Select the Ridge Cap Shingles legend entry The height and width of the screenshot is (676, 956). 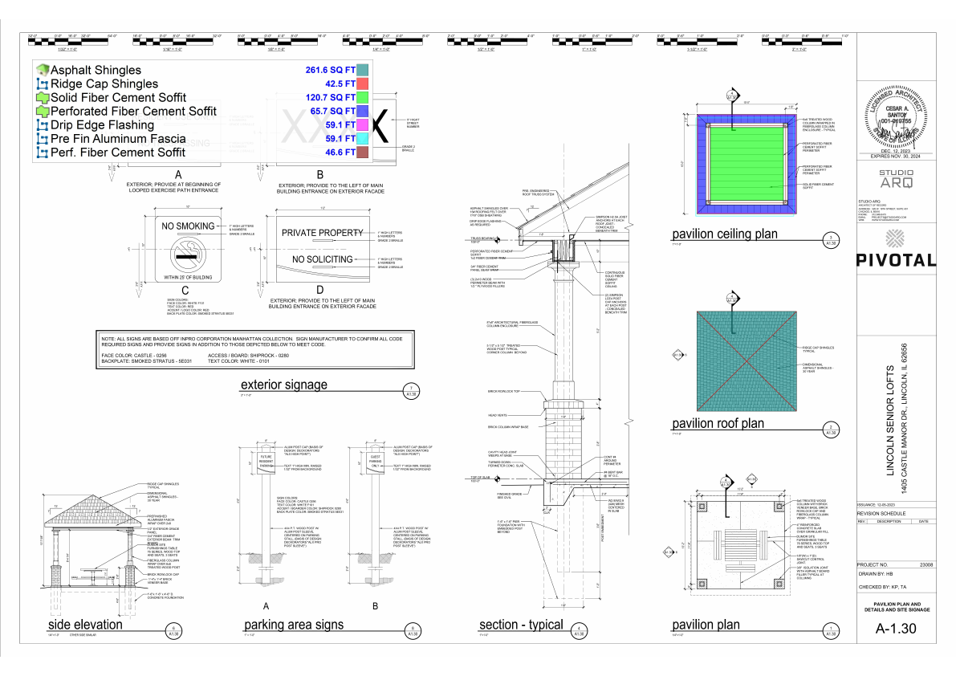[104, 83]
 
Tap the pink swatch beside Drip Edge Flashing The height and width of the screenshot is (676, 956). [363, 125]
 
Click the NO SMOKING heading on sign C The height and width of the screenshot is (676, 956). [189, 226]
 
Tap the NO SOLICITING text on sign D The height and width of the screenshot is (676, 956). [322, 259]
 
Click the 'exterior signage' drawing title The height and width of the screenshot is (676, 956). [284, 385]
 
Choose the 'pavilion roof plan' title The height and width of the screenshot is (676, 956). [718, 423]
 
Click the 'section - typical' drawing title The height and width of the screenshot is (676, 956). [520, 625]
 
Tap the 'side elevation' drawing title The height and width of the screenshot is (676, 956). [85, 625]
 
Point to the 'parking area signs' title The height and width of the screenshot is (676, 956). [294, 625]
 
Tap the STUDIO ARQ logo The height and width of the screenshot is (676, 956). [896, 178]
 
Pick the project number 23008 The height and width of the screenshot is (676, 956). [925, 565]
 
